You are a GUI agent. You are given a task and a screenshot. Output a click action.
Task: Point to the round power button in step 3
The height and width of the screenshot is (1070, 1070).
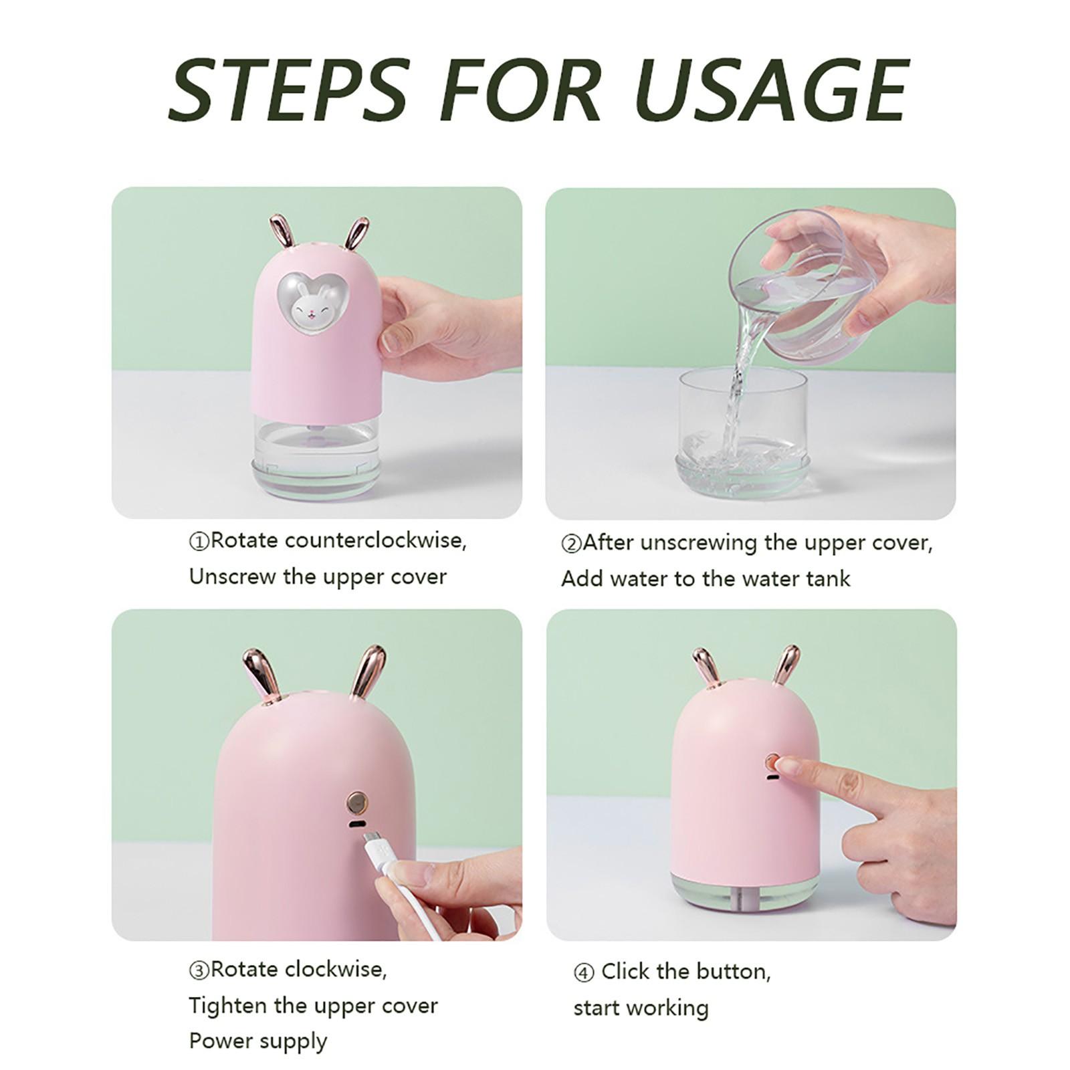(x=356, y=800)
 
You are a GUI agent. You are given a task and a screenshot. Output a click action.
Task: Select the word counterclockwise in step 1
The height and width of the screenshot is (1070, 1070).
(x=375, y=540)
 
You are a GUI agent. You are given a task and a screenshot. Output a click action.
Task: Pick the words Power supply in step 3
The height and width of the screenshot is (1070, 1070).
(x=258, y=1042)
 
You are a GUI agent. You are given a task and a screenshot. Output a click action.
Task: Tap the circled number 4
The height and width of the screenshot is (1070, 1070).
(x=584, y=973)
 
